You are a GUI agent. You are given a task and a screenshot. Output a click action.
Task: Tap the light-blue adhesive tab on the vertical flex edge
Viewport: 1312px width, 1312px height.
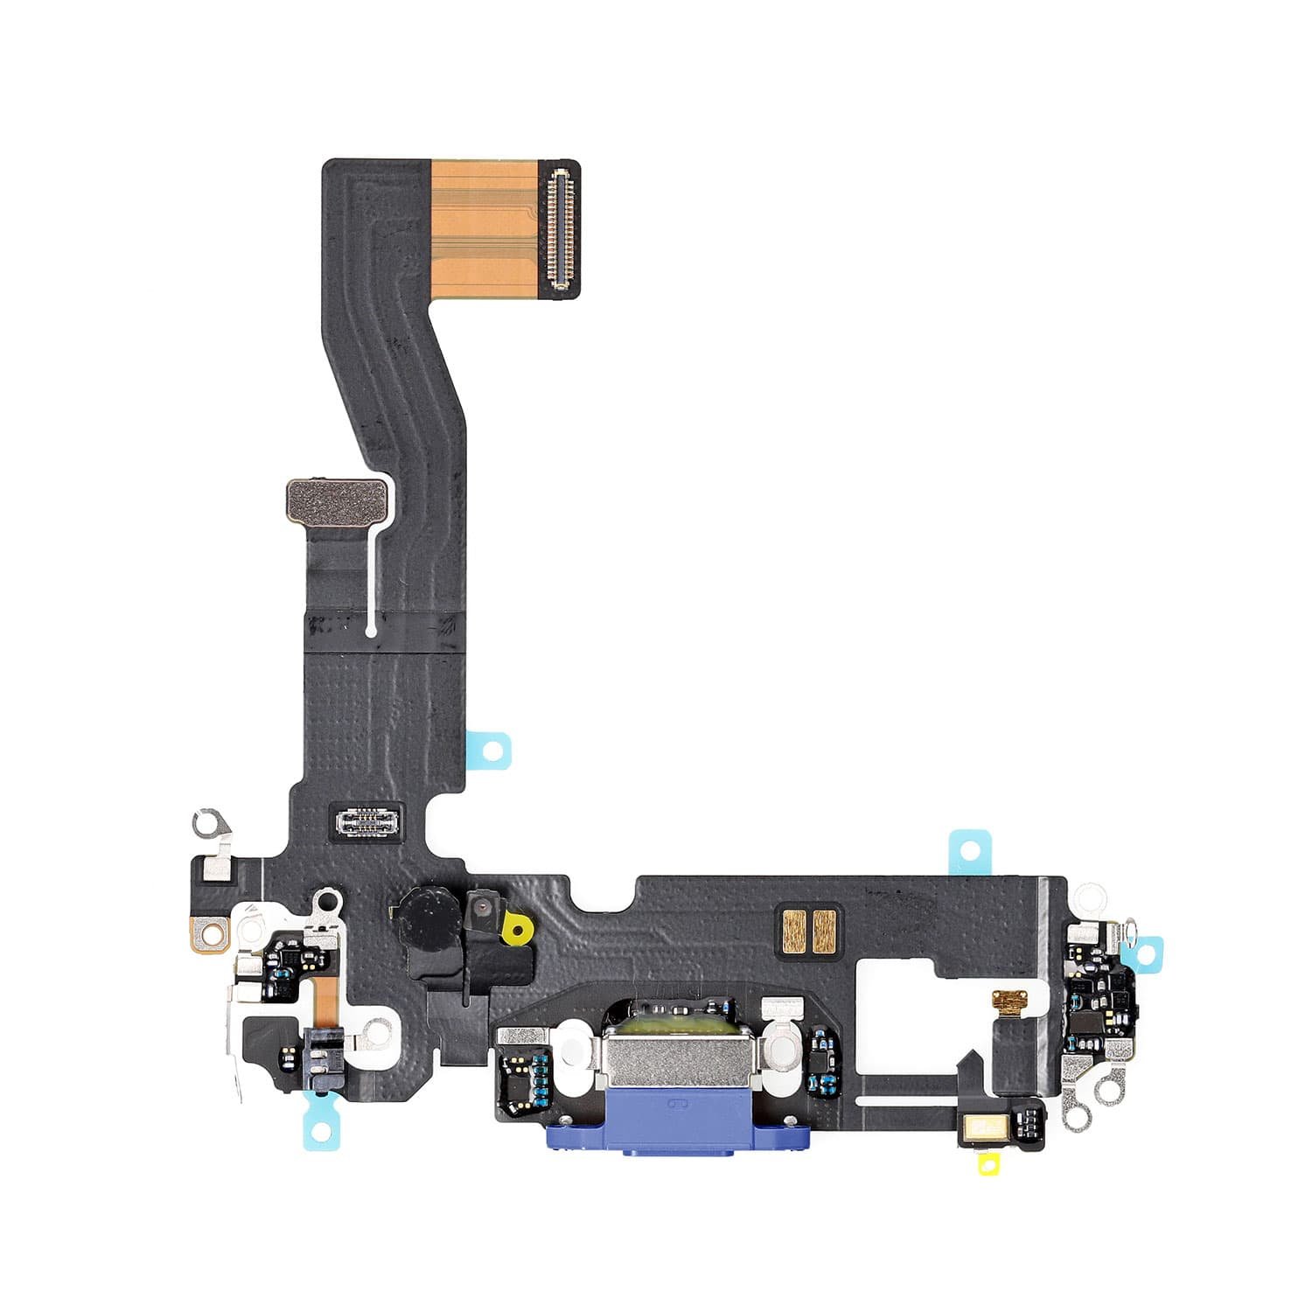pyautogui.click(x=492, y=750)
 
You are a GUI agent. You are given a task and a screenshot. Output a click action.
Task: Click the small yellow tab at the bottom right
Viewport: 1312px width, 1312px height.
pyautogui.click(x=990, y=1163)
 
